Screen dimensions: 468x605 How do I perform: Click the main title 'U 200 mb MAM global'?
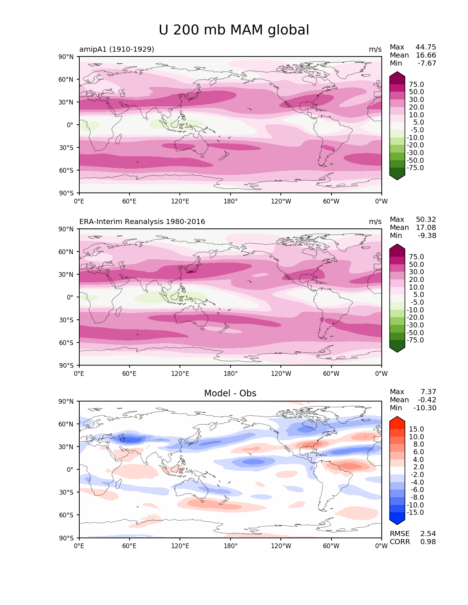234,30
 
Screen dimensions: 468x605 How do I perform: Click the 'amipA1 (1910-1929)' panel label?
116,49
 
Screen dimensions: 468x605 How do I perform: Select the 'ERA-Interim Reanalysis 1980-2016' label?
142,221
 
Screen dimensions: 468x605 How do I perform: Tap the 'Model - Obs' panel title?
230,393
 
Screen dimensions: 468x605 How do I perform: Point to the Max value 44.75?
426,47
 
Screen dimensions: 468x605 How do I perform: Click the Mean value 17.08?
426,227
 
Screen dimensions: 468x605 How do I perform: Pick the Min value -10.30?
425,408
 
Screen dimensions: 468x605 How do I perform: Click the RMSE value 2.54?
428,533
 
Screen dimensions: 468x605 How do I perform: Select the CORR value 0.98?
428,542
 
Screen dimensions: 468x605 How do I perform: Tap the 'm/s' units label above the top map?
375,49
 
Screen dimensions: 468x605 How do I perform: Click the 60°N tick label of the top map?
66,80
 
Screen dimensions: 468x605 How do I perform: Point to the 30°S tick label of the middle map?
66,320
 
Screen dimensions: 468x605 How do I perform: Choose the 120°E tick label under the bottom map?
180,546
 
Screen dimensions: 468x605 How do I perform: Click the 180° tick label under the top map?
231,201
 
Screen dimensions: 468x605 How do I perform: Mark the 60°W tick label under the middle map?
331,373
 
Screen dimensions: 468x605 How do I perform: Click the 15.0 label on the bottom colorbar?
416,429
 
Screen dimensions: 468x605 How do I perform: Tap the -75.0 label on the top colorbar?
415,168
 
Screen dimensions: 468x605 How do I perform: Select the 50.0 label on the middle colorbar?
416,264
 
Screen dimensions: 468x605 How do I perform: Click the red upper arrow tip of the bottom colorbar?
397,417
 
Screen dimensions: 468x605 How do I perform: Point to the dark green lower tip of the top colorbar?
397,180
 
